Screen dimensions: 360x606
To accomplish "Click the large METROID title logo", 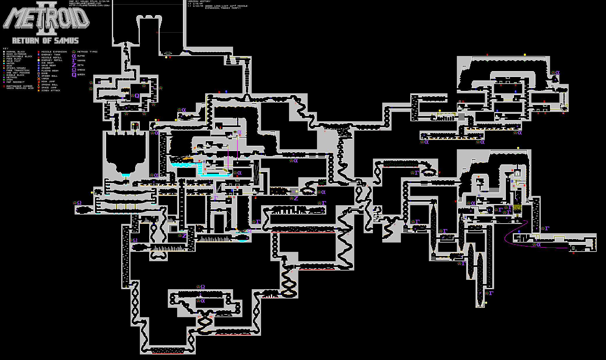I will click(x=47, y=18).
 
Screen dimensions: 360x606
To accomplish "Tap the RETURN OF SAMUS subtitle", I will click(x=45, y=41).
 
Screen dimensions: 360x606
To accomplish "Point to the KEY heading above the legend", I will click(x=6, y=49).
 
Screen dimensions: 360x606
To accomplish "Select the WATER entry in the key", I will click(x=10, y=64).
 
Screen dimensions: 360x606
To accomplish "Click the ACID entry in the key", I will click(x=9, y=66).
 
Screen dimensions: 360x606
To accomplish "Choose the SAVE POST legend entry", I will click(x=13, y=61).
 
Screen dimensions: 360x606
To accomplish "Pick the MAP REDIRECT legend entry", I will click(x=15, y=82).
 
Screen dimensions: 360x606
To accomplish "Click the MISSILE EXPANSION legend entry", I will click(x=54, y=52).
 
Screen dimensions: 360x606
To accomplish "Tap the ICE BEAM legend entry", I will click(x=47, y=63).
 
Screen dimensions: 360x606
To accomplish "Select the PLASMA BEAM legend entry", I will click(x=50, y=71).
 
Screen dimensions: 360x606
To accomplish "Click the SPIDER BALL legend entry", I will click(x=49, y=76).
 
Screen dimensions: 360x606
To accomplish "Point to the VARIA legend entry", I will click(x=45, y=79).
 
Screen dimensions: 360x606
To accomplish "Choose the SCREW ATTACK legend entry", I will click(x=51, y=91).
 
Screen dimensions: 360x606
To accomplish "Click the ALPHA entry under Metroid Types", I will click(x=81, y=56).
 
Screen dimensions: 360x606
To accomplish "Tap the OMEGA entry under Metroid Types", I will click(x=81, y=70).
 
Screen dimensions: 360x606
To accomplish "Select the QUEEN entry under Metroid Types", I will click(x=81, y=75).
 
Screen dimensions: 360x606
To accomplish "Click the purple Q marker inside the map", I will click(x=137, y=96).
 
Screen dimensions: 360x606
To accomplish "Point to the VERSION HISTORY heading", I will click(x=199, y=1).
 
